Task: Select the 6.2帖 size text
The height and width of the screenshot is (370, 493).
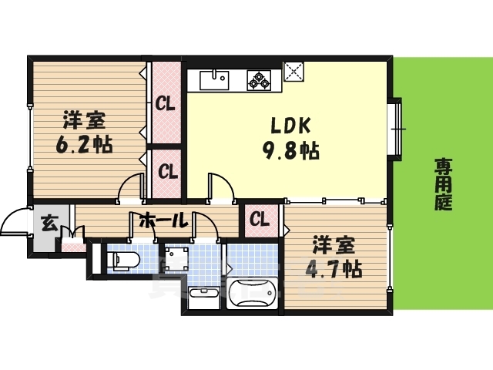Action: (84, 144)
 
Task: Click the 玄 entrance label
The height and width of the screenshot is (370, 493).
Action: (48, 224)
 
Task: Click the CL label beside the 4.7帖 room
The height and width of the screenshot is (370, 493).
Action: (259, 220)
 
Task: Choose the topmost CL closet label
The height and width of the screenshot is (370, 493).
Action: (165, 103)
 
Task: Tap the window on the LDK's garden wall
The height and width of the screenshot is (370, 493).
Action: (397, 128)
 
